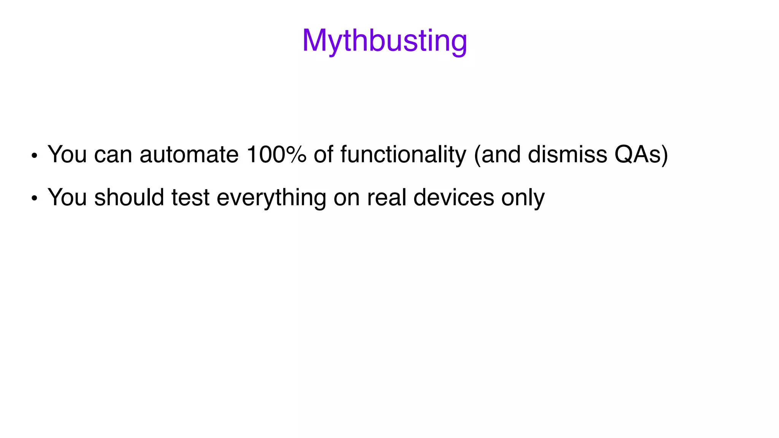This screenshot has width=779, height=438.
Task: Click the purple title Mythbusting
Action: point(385,41)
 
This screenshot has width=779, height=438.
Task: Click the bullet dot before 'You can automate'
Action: point(34,156)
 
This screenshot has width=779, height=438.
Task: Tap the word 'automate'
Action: point(189,154)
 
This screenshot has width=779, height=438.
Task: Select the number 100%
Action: point(276,154)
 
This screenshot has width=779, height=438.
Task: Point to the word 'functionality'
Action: point(403,155)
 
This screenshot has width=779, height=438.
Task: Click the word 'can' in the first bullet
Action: point(113,155)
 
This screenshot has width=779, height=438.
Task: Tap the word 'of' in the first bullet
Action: point(323,154)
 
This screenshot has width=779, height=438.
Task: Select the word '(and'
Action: point(497,155)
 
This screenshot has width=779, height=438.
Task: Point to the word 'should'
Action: point(129,197)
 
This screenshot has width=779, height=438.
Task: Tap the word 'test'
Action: point(190,198)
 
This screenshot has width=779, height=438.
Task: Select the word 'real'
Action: point(386,197)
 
